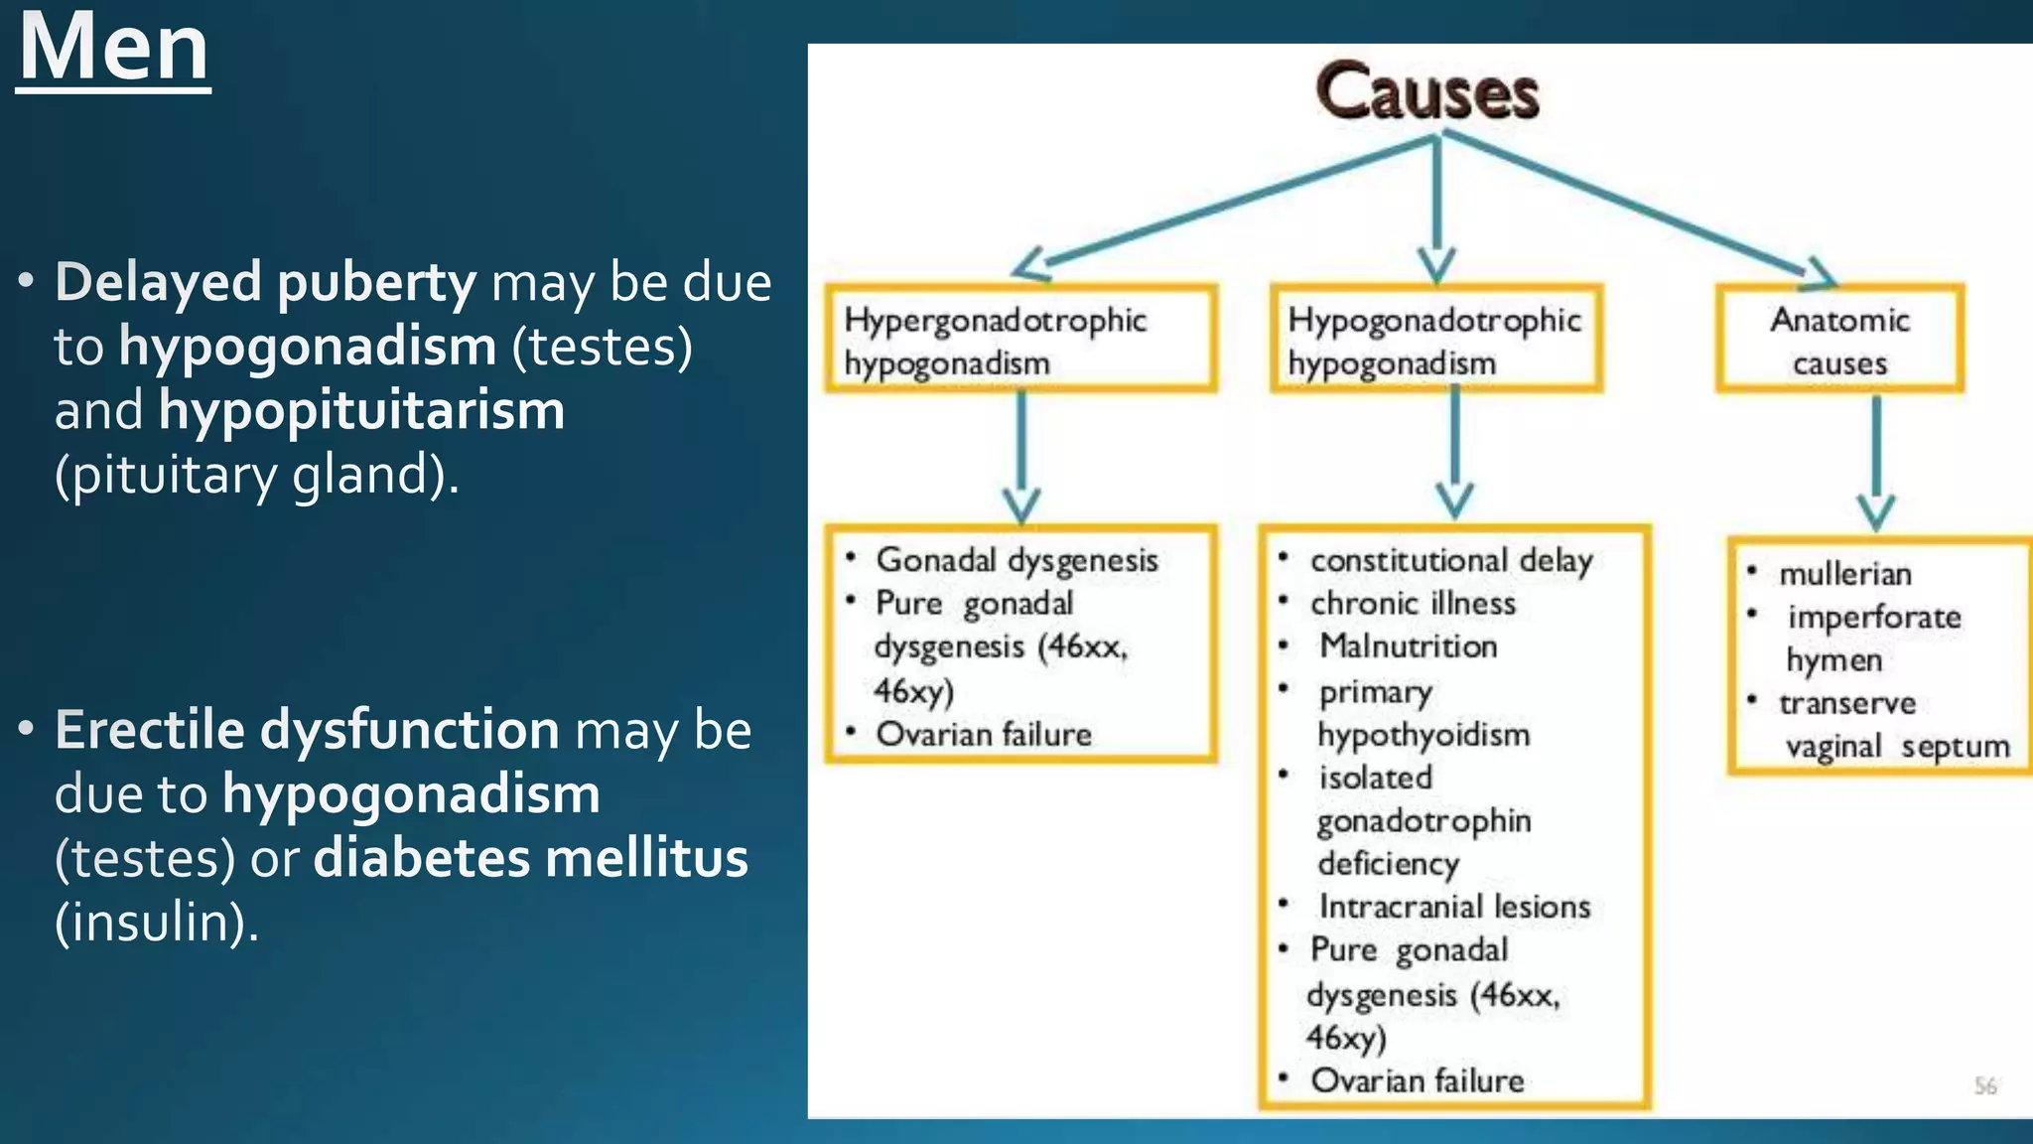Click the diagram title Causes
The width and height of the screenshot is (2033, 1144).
coord(1427,91)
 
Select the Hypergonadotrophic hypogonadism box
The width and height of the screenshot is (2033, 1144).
coord(1020,340)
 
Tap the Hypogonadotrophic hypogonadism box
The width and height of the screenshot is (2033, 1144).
coord(1435,340)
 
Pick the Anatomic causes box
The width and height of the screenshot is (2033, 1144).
coord(1839,340)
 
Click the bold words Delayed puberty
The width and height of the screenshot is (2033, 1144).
coord(265,282)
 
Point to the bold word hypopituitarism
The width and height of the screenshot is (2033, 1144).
coord(361,410)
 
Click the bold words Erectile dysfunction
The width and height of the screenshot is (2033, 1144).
coord(307,730)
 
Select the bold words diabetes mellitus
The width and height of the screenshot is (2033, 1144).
coord(530,858)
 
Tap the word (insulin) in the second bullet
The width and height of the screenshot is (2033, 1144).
coord(156,923)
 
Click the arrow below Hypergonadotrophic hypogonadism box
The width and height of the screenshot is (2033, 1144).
coord(1020,457)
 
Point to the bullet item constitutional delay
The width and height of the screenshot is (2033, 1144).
coord(1450,561)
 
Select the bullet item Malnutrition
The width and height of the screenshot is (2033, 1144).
coord(1408,646)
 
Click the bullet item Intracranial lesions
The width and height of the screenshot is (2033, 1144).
coord(1453,907)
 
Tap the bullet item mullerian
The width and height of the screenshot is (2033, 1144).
coord(1844,574)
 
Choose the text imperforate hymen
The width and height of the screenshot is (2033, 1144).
coord(1872,638)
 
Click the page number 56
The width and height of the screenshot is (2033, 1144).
coord(1984,1085)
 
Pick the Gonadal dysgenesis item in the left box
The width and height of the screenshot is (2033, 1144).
coord(1016,560)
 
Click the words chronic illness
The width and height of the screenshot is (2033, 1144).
coord(1412,604)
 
